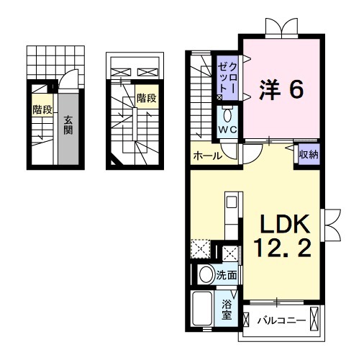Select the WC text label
228,129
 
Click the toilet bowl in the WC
228,115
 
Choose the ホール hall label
207,156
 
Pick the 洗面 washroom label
227,274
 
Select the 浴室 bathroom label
227,309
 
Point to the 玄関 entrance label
67,125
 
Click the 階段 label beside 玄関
40,110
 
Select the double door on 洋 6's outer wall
280,29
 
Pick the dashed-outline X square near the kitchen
199,251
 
